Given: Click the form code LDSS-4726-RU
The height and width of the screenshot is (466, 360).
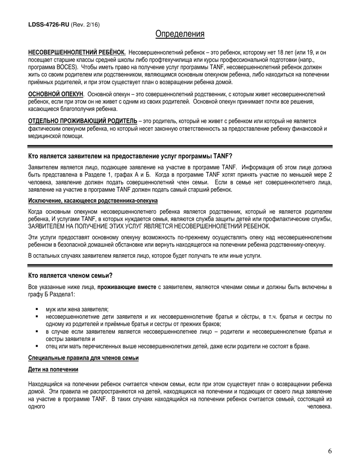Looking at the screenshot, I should tap(49, 25).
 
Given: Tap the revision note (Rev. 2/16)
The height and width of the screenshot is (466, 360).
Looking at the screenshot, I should tap(85, 25).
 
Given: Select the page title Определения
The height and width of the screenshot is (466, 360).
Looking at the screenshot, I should tap(180, 34).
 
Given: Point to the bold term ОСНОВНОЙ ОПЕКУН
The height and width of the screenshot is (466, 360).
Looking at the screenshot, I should tap(56, 94).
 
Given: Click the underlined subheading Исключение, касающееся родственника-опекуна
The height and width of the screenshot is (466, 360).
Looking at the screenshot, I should tap(93, 200).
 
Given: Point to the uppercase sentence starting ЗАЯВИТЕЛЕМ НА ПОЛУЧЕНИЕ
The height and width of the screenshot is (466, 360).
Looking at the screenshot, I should tap(149, 226).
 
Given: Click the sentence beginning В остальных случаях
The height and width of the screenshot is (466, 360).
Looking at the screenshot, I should tap(145, 256).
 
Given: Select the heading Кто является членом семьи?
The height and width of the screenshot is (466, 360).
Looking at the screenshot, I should tap(70, 275).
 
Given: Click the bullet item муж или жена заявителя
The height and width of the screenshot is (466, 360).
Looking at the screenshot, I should tap(77, 309).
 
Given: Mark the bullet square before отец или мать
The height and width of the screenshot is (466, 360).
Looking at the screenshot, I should tap(37, 346).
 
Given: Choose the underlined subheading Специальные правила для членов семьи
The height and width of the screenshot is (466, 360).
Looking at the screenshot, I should tap(83, 358).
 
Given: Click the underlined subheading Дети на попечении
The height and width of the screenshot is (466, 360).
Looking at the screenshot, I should tap(53, 369).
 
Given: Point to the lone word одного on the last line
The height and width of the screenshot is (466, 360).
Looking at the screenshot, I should tap(37, 407).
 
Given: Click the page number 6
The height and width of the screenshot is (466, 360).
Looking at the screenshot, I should tap(330, 451).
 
